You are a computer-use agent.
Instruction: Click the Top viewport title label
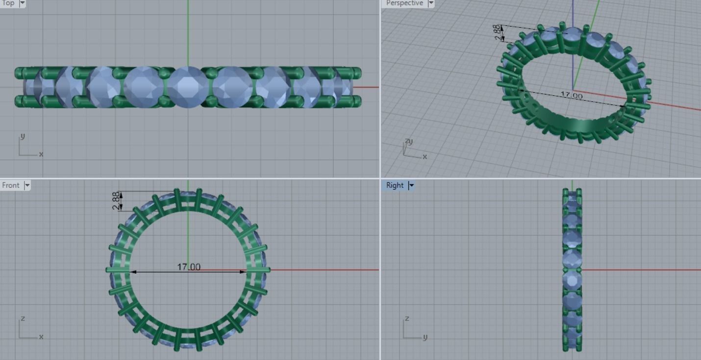(8, 3)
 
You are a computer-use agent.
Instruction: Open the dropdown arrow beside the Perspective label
(431, 3)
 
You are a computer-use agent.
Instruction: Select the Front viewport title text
(11, 185)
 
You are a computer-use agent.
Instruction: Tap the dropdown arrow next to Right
(411, 185)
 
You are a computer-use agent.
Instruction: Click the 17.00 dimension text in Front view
(189, 267)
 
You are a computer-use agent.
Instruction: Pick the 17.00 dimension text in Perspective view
(572, 96)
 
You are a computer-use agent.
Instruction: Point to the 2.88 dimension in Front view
(116, 201)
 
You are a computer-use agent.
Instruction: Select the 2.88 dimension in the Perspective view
(498, 32)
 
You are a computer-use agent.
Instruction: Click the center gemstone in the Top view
(188, 87)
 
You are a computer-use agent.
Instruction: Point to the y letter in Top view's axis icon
(22, 136)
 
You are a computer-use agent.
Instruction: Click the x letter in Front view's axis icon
(41, 337)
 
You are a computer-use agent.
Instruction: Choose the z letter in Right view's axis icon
(406, 319)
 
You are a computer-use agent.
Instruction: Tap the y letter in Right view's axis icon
(425, 337)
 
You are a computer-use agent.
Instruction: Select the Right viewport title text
(395, 185)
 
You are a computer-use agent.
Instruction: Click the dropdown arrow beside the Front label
(27, 185)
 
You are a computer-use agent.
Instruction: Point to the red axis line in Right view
(637, 269)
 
